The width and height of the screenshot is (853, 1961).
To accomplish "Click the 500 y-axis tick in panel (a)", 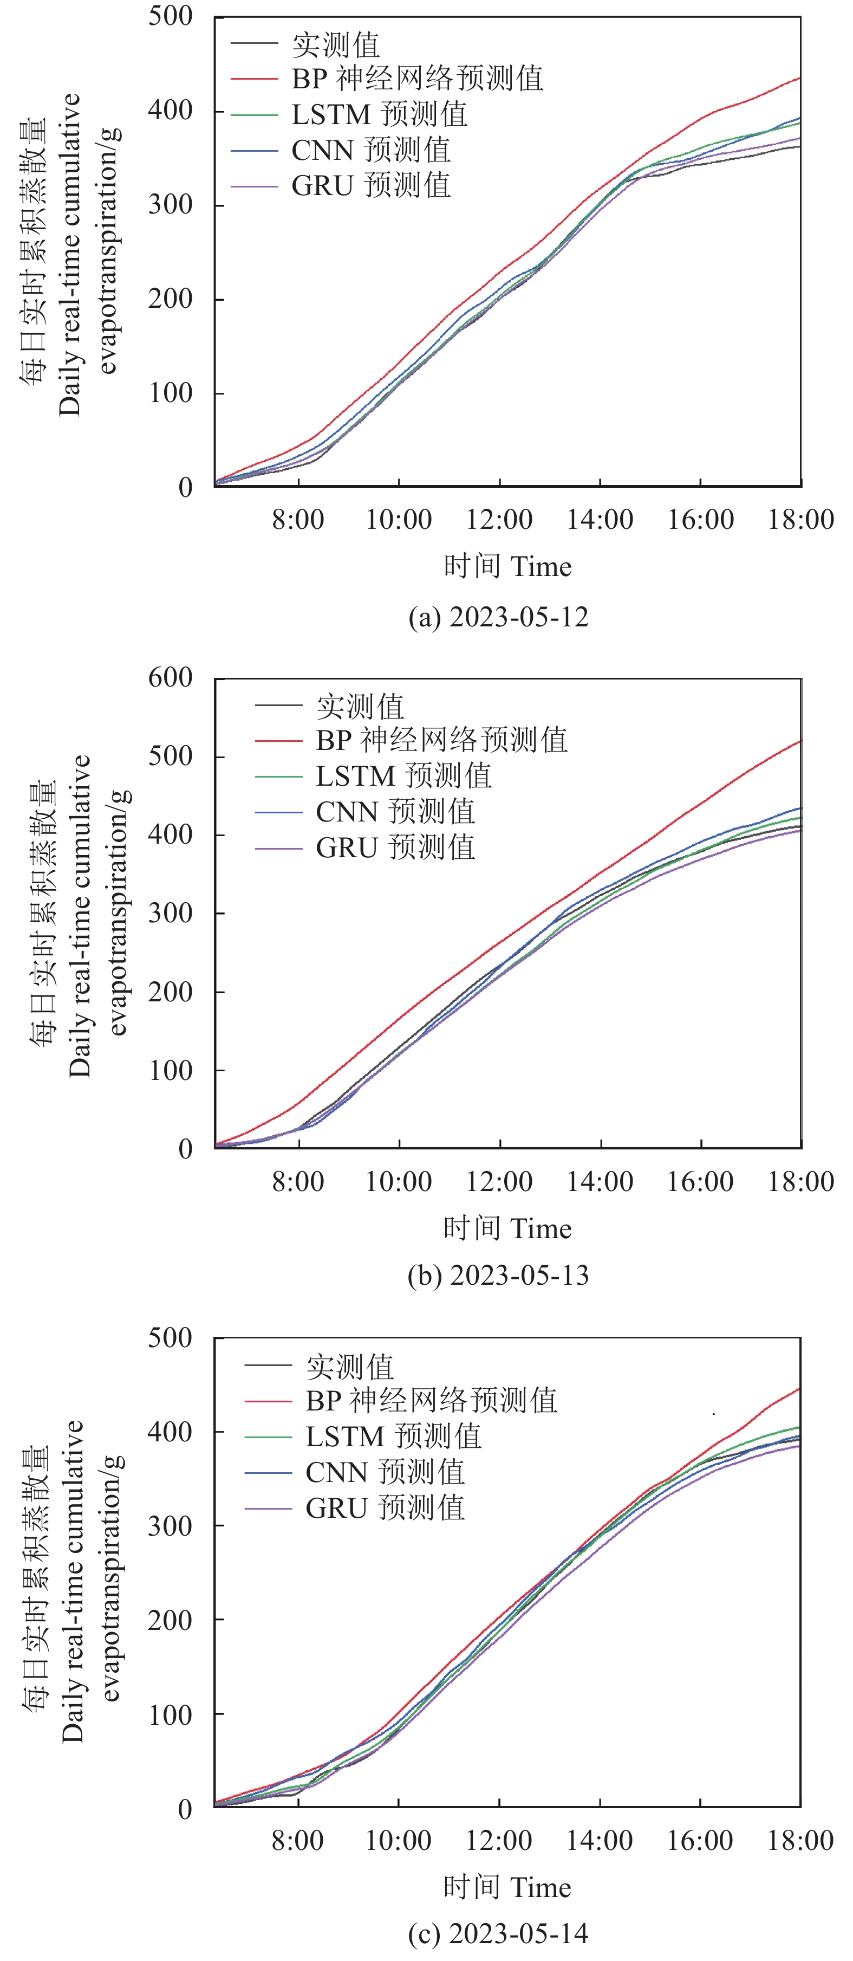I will coord(171,16).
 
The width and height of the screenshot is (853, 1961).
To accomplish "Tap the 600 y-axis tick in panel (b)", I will coord(171,677).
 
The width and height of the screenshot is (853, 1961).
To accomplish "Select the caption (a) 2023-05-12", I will coord(498,617).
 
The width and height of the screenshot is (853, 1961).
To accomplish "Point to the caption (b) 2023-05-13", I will coord(498,1275).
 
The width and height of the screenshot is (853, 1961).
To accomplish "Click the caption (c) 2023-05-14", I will coord(498,1933).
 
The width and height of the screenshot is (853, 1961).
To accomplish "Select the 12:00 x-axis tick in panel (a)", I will coord(499,520).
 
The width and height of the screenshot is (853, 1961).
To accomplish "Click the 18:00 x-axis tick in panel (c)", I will coord(800,1841).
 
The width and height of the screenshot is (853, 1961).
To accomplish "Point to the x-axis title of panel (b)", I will coord(507,1228).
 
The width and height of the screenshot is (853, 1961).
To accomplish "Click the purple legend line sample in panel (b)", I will coord(278,848).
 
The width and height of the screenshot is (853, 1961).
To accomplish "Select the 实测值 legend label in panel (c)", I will coord(350,1367).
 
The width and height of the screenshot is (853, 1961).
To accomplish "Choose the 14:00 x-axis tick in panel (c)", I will coord(600,1841).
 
